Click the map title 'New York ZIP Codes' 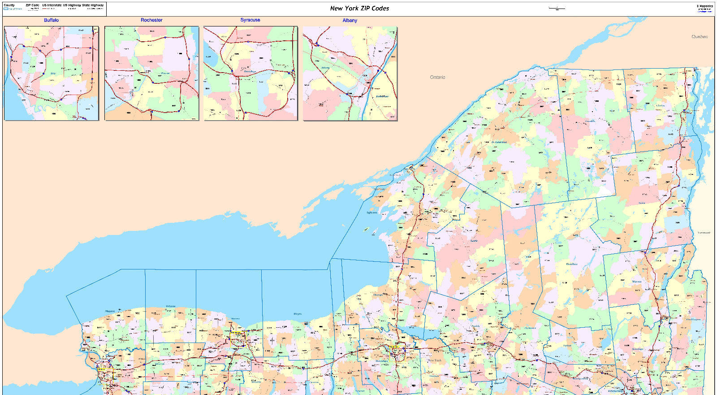point(359,8)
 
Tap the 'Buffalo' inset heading point(51,20)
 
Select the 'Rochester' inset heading point(151,20)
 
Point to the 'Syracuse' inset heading point(250,20)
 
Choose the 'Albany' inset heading point(350,20)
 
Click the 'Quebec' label point(699,37)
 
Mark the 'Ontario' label point(437,77)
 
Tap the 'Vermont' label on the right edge point(704,233)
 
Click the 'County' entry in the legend point(9,5)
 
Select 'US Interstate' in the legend point(52,5)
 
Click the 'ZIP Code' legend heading point(32,5)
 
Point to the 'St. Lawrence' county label point(499,142)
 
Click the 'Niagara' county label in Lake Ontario point(110,311)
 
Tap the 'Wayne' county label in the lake point(297,314)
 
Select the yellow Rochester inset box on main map point(238,338)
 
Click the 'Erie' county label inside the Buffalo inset point(53,73)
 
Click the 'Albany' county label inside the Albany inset point(325,68)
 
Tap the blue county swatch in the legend point(6,9)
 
